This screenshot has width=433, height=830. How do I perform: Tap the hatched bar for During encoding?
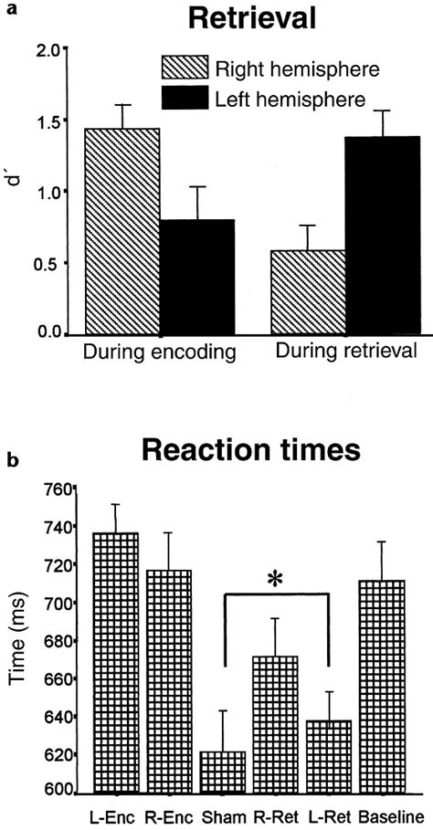pyautogui.click(x=121, y=232)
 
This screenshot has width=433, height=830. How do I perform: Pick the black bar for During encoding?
pyautogui.click(x=185, y=278)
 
